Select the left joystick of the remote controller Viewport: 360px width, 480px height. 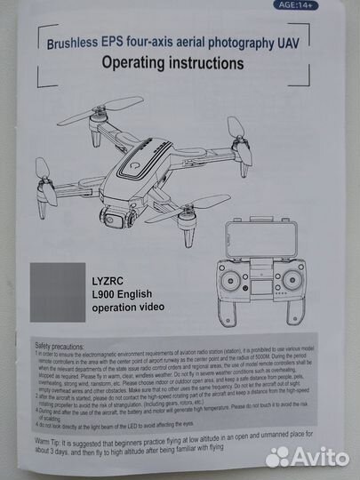[x=230, y=281]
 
